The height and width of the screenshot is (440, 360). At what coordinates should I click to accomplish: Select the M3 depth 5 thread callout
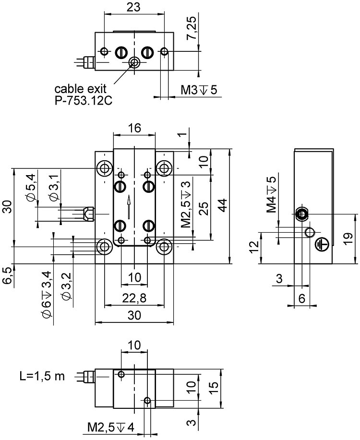(x=198, y=90)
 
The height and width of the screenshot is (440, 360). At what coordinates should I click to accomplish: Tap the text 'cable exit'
(x=80, y=89)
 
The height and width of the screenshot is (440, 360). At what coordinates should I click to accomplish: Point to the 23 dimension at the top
(x=134, y=7)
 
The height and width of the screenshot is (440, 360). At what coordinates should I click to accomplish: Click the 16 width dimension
(x=134, y=128)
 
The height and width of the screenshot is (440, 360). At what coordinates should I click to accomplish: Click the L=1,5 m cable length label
(x=42, y=375)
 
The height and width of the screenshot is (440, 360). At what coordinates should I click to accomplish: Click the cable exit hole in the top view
(x=134, y=62)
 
